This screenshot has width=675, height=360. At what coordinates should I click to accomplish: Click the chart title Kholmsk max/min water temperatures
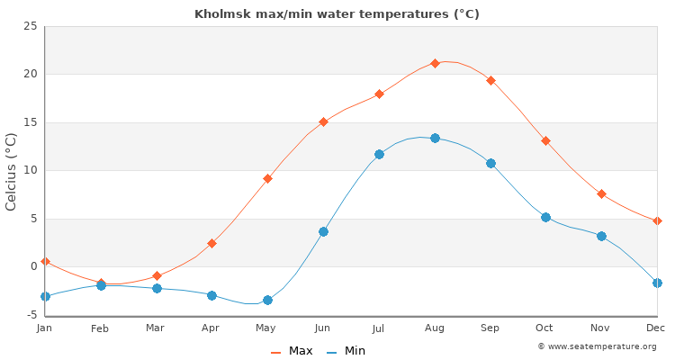click(337, 14)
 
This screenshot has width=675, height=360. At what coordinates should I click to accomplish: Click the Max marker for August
click(435, 63)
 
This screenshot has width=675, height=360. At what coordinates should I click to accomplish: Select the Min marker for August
click(435, 138)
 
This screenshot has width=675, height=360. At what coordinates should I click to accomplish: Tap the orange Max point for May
click(267, 178)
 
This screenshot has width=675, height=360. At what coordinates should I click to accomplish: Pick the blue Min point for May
click(267, 300)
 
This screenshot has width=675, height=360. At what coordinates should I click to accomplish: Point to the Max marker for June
click(323, 121)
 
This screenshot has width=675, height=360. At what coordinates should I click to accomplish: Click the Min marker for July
click(379, 154)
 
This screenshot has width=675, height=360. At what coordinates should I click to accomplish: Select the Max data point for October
click(545, 140)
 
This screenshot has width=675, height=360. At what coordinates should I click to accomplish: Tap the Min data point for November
click(601, 236)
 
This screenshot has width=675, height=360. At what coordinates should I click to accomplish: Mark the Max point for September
click(490, 80)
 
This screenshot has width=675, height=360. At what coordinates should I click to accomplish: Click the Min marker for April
click(211, 295)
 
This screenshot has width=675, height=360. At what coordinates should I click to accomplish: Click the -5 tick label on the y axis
click(30, 315)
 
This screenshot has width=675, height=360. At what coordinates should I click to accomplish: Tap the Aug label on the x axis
click(435, 328)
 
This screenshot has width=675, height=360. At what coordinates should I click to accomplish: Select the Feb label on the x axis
click(100, 328)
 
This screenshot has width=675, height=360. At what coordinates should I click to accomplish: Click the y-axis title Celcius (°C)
click(12, 171)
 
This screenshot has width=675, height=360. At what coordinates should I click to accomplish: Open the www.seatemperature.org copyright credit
click(597, 346)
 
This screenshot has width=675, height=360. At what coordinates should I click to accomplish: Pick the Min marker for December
click(657, 283)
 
